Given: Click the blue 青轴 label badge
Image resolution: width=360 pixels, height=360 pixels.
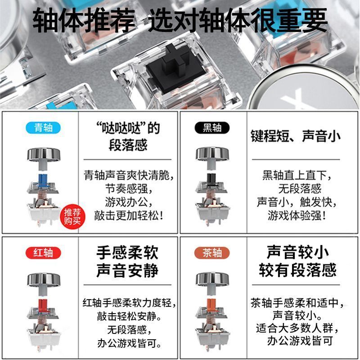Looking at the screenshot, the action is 43,128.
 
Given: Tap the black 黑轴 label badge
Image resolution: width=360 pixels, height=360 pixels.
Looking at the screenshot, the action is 212,128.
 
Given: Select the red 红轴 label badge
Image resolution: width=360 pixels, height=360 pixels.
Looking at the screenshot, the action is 43,253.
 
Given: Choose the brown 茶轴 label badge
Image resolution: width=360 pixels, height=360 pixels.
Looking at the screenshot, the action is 212,253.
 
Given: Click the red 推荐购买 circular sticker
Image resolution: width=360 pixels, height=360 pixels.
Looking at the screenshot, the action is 72,216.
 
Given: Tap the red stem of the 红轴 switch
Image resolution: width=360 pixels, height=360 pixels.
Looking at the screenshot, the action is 44,306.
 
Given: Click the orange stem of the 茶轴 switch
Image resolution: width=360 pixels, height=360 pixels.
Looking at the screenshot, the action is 212,306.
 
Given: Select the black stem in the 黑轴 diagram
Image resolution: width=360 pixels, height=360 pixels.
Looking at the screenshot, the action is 212,180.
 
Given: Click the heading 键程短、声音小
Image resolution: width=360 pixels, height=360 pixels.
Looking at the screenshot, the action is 296,136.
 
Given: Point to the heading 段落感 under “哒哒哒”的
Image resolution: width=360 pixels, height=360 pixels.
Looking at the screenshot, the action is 128,145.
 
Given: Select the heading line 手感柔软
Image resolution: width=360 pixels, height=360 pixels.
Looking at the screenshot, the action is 127,253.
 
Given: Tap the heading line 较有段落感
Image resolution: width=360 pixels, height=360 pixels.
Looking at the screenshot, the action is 297,270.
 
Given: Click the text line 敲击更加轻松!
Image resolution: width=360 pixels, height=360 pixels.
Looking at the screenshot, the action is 129,216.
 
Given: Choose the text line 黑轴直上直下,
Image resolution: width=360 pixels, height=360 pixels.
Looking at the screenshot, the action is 297,175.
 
